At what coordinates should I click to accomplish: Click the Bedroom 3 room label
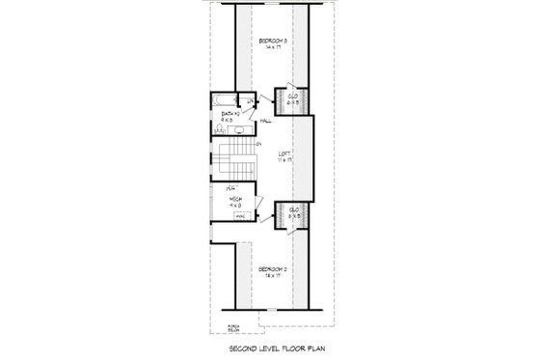coord(271,41)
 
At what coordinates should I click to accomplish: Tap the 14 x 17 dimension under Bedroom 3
coord(271,48)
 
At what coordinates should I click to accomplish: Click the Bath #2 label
coord(229,114)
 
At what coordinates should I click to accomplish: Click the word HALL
coord(266,121)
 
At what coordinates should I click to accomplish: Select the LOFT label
coord(284,152)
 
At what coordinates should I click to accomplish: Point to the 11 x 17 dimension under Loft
coord(284,159)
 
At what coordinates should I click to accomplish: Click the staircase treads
coord(235,156)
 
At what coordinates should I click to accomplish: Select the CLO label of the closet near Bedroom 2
coord(292,209)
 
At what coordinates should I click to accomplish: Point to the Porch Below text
coord(232,328)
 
